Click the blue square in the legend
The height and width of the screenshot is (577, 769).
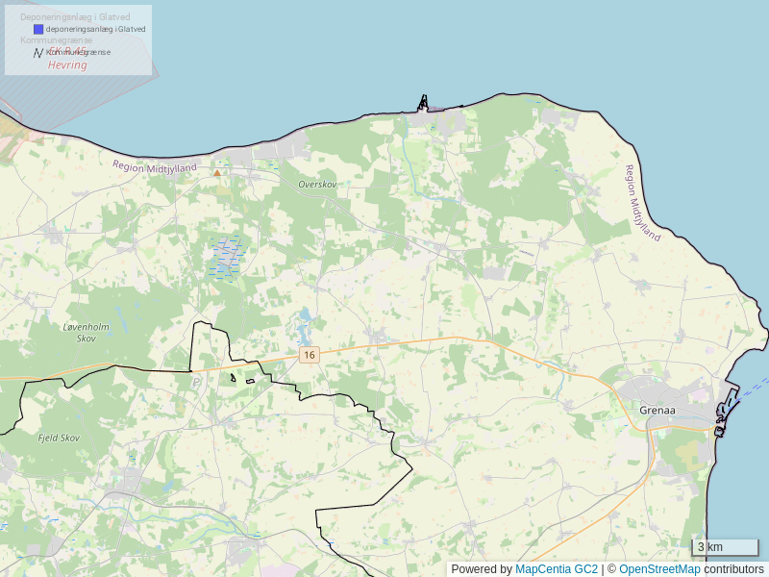point(38,30)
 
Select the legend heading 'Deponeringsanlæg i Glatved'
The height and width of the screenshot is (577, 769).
point(75,17)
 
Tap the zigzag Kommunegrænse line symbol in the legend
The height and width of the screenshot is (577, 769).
point(38,53)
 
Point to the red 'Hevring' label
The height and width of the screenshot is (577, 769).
point(67,65)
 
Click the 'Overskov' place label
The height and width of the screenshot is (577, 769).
point(317,184)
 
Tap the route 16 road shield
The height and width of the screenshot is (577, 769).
point(308,355)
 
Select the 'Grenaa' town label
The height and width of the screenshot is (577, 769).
point(657,411)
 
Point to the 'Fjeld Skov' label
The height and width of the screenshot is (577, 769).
point(59,438)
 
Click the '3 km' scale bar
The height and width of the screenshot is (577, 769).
point(726,547)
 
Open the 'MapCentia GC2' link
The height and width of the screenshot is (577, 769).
point(557,569)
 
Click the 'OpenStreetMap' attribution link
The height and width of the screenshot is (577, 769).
point(659,569)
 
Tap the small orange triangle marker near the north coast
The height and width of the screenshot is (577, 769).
point(217,173)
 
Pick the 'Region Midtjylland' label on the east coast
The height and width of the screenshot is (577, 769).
point(642,202)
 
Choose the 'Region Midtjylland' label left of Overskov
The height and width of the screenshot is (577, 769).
point(154,167)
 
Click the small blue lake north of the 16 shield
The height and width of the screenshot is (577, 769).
point(304,314)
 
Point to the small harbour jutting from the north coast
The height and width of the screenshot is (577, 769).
point(423,103)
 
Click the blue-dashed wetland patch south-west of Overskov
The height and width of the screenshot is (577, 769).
point(228,257)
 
